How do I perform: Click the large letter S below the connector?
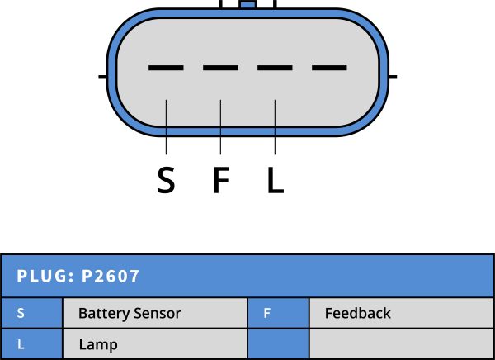[166, 180]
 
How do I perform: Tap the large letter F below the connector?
[220, 180]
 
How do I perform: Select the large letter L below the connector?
[276, 180]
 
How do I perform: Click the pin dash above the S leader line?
[166, 68]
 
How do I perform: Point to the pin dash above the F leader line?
[220, 68]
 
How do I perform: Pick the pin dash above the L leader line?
[275, 68]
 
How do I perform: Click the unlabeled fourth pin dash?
[329, 68]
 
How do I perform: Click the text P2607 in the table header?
[111, 276]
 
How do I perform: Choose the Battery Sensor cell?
[130, 314]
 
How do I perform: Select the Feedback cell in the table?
[357, 314]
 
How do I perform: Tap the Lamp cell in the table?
[98, 345]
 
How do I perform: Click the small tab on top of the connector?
[246, 4]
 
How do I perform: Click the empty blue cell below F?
[278, 345]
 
